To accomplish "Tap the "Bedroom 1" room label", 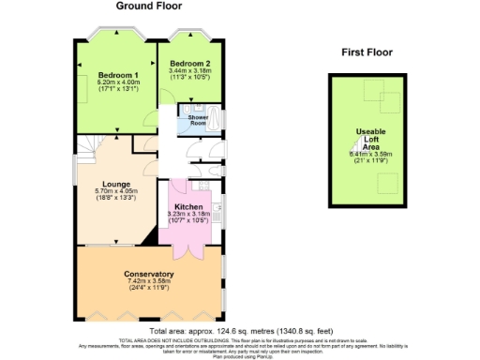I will click(117, 74).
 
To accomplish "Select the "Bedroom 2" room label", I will click(189, 64).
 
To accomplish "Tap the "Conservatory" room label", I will click(148, 274).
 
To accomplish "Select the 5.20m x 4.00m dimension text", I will click(117, 82).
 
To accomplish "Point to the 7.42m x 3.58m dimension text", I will click(148, 281).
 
